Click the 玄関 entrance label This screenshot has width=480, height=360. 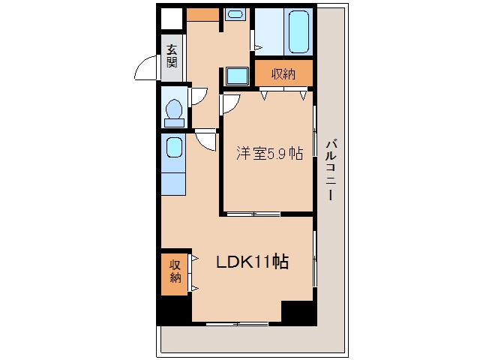pyautogui.click(x=172, y=56)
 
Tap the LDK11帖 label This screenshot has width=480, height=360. pyautogui.click(x=252, y=262)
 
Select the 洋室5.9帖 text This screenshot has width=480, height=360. pyautogui.click(x=270, y=153)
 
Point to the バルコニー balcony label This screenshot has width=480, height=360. pyautogui.click(x=331, y=170)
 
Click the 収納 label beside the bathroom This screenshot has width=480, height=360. pyautogui.click(x=283, y=73)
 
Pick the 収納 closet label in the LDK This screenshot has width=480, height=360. pyautogui.click(x=175, y=271)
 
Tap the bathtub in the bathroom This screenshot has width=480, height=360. pyautogui.click(x=298, y=31)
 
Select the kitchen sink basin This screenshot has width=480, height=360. pyautogui.click(x=174, y=148)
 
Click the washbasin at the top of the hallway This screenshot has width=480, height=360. pyautogui.click(x=235, y=14)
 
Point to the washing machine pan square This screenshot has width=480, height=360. pyautogui.click(x=237, y=76)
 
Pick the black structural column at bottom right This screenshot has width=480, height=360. pyautogui.click(x=299, y=313)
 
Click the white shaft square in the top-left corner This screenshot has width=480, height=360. pyautogui.click(x=172, y=19)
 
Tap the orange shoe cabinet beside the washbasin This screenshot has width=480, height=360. pyautogui.click(x=202, y=15)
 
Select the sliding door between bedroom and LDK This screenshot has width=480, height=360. pyautogui.click(x=253, y=214)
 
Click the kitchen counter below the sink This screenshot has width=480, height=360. pyautogui.click(x=173, y=184)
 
